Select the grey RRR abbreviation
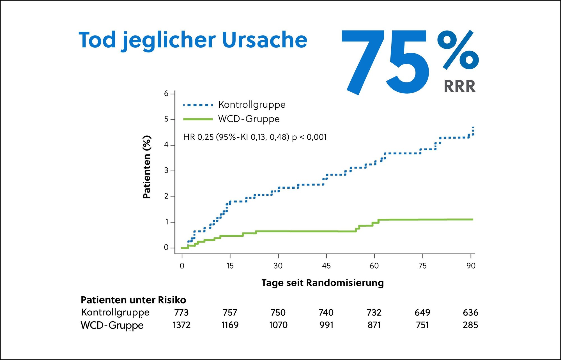pyautogui.click(x=460, y=86)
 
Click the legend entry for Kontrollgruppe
pyautogui.click(x=252, y=105)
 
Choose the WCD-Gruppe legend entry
pyautogui.click(x=249, y=119)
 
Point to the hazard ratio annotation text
pyautogui.click(x=255, y=137)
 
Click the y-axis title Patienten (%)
pyautogui.click(x=147, y=167)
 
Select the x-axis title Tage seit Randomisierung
pyautogui.click(x=323, y=283)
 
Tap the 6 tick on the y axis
pyautogui.click(x=166, y=94)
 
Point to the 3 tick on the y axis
pyautogui.click(x=166, y=171)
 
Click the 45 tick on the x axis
pyautogui.click(x=326, y=266)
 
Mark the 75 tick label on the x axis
pyautogui.click(x=422, y=266)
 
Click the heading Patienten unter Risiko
pyautogui.click(x=133, y=300)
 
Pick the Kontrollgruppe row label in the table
pyautogui.click(x=115, y=312)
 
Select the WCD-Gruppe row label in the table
pyautogui.click(x=112, y=325)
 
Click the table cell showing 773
pyautogui.click(x=181, y=312)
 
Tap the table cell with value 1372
pyautogui.click(x=181, y=325)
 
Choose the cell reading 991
pyautogui.click(x=326, y=325)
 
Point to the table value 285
pyautogui.click(x=470, y=325)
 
